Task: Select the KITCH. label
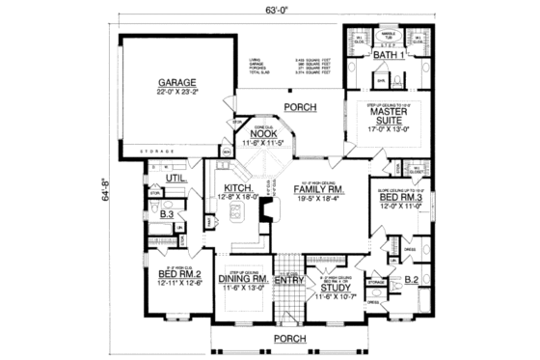238,188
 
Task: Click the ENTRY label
288,281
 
